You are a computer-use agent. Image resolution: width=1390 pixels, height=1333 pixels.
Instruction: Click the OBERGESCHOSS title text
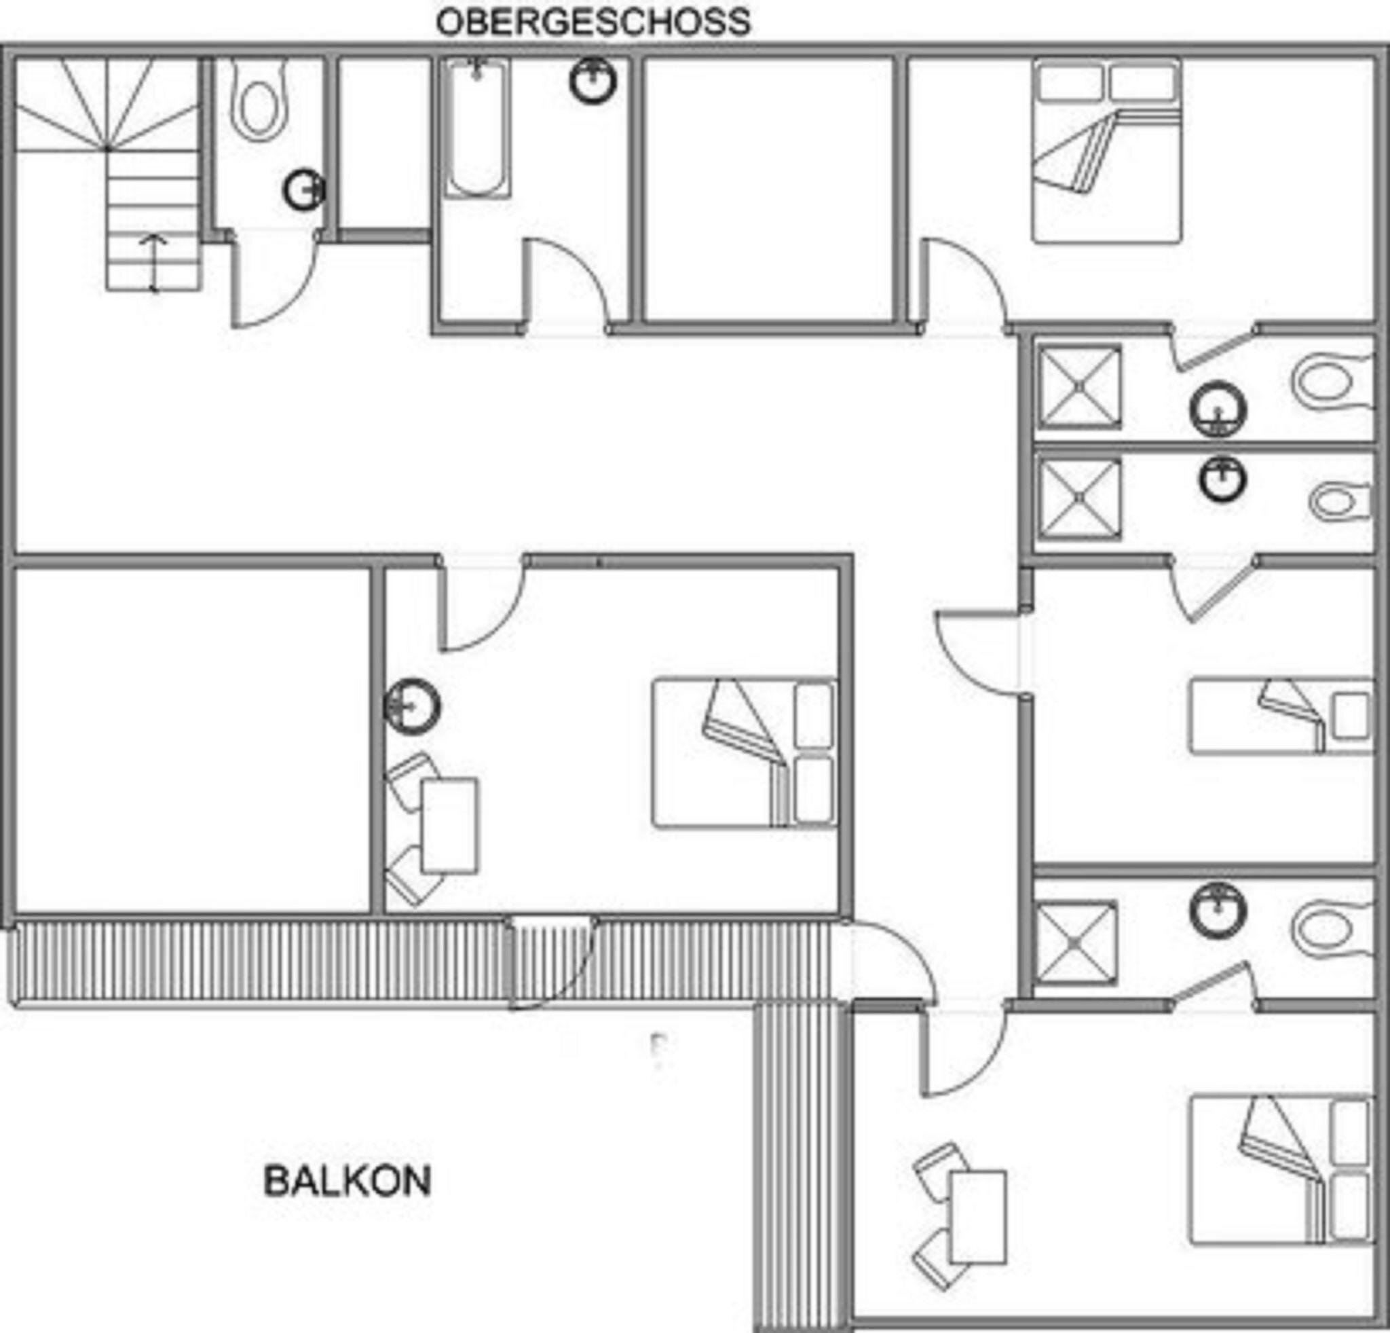(x=593, y=22)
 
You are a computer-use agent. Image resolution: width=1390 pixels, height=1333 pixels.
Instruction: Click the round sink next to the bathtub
(x=593, y=81)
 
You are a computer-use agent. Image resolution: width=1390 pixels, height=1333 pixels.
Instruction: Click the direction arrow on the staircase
(x=153, y=263)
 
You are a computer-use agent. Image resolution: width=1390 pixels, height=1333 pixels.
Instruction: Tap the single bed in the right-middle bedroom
(x=1280, y=716)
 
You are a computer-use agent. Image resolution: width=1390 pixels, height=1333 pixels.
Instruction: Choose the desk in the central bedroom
(x=449, y=826)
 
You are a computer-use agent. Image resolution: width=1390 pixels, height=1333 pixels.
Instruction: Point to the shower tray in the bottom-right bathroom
(x=1076, y=943)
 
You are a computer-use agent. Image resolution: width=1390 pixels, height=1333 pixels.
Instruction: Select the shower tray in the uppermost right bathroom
(x=1080, y=387)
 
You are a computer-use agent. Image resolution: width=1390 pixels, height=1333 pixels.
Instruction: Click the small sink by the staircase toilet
(x=304, y=190)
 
